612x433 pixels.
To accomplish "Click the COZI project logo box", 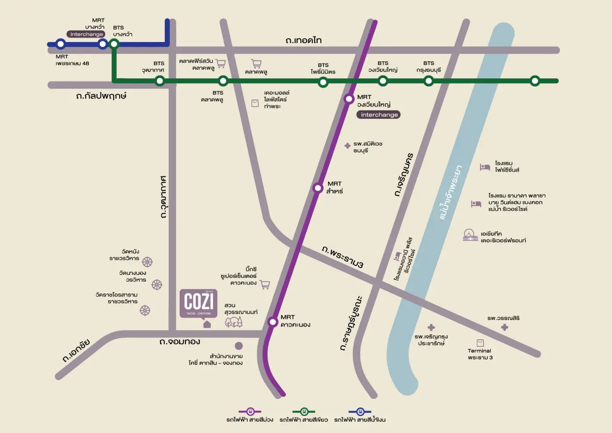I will [198, 303].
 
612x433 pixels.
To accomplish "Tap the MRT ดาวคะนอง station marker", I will [273, 322].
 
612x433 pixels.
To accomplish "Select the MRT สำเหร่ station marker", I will [318, 188].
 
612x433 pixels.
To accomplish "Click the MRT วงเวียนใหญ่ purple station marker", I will [349, 99].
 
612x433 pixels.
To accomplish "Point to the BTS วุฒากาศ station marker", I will [160, 80].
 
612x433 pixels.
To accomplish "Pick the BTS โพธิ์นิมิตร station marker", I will [323, 82].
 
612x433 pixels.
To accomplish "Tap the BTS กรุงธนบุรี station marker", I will [429, 81].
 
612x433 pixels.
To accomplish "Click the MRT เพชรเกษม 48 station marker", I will [61, 44].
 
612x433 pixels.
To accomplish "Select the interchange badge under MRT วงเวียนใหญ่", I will [379, 115].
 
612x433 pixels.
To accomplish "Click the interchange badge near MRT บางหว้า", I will [87, 34].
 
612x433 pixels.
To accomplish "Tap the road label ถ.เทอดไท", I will [303, 41].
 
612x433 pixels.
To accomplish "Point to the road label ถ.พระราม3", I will [343, 256].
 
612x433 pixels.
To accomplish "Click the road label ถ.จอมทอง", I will [180, 342].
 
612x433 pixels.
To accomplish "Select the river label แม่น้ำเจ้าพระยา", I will [450, 193].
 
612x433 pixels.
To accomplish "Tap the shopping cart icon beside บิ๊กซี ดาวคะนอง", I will [265, 285].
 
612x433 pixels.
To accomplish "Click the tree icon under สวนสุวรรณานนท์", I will [233, 322].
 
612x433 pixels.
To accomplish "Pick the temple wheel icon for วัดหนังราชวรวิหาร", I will [147, 262].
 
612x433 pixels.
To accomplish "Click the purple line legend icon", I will [250, 412].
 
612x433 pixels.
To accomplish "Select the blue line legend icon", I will [360, 412].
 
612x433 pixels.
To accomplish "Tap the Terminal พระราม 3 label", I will [480, 354].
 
